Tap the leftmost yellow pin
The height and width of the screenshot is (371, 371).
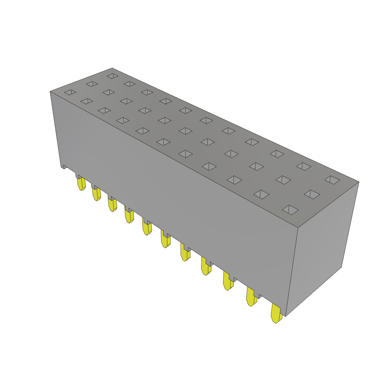[81, 184]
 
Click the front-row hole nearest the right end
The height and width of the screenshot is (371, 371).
[290, 210]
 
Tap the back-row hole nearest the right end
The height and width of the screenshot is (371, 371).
[332, 180]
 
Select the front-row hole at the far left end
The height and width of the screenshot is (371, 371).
[70, 92]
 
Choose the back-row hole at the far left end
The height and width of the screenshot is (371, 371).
[113, 76]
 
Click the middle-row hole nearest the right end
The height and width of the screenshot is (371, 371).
[312, 194]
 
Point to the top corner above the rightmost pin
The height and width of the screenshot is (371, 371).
[298, 228]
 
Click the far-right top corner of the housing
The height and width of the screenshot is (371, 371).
[358, 182]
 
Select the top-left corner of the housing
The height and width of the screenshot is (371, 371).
[50, 92]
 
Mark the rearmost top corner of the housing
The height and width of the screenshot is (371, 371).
[112, 68]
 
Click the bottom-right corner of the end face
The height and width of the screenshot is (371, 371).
[341, 267]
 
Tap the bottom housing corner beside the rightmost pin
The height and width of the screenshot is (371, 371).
[285, 316]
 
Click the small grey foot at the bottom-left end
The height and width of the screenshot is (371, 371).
[64, 167]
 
